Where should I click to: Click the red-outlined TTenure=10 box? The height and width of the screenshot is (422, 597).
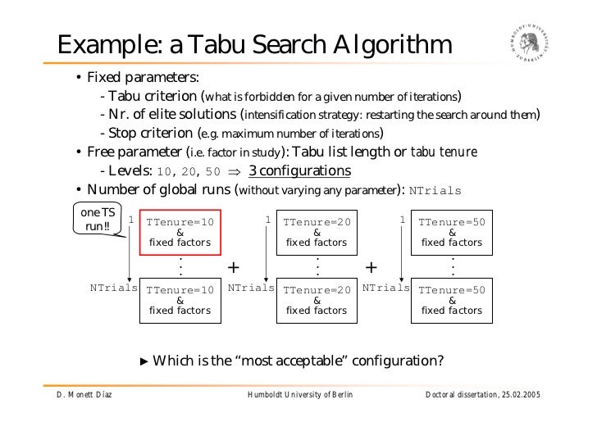pos(180,233)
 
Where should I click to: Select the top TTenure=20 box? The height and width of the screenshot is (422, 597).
pos(317,233)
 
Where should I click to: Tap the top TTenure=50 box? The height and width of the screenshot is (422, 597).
pos(452,233)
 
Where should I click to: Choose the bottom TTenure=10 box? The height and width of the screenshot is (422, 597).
pos(180,300)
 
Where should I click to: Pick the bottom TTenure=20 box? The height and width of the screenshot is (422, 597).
pos(317,300)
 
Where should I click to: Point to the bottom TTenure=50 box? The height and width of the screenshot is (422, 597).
pos(452,300)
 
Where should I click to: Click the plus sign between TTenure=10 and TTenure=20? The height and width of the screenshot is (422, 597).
pos(235,268)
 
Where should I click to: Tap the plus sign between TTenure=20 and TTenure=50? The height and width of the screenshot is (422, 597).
pos(371,268)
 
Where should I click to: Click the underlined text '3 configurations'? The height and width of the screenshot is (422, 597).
pos(299,171)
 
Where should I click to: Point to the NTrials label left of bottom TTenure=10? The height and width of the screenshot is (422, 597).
pos(114,288)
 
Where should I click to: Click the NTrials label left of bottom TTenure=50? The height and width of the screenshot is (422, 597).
pos(385,288)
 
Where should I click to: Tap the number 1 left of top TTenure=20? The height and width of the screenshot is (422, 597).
pos(267,220)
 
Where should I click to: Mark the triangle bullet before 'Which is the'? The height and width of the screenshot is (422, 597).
pos(145,361)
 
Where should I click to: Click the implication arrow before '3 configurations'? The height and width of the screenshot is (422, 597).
pos(234,171)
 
